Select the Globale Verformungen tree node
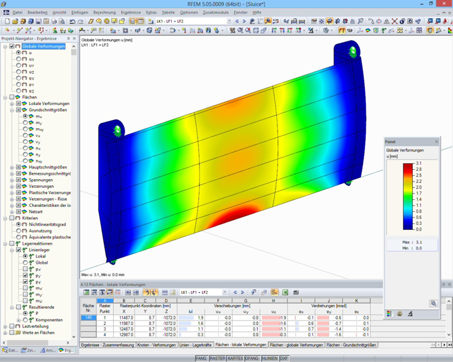click(x=42, y=46)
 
